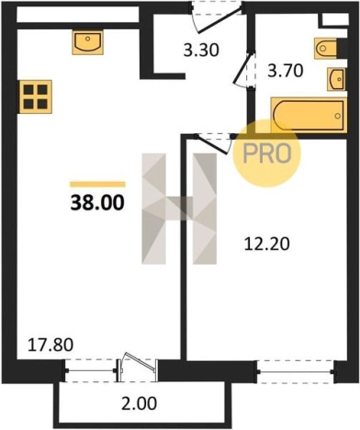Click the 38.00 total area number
click(x=97, y=202)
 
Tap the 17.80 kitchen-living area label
click(x=51, y=345)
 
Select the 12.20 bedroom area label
click(x=266, y=244)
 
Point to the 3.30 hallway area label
click(x=201, y=51)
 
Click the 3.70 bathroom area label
click(x=286, y=71)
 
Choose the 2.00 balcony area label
click(x=139, y=403)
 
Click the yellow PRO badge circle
click(x=267, y=153)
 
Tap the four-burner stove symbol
click(x=36, y=96)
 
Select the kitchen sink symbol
click(x=87, y=42)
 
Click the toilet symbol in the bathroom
click(x=325, y=48)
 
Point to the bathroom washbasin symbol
click(x=337, y=79)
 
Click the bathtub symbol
click(x=309, y=116)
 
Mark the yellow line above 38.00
click(x=97, y=184)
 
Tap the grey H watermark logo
click(x=179, y=209)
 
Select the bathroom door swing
click(x=244, y=70)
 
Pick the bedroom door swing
click(x=213, y=143)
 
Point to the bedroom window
click(x=296, y=372)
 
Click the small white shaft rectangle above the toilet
click(x=333, y=21)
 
